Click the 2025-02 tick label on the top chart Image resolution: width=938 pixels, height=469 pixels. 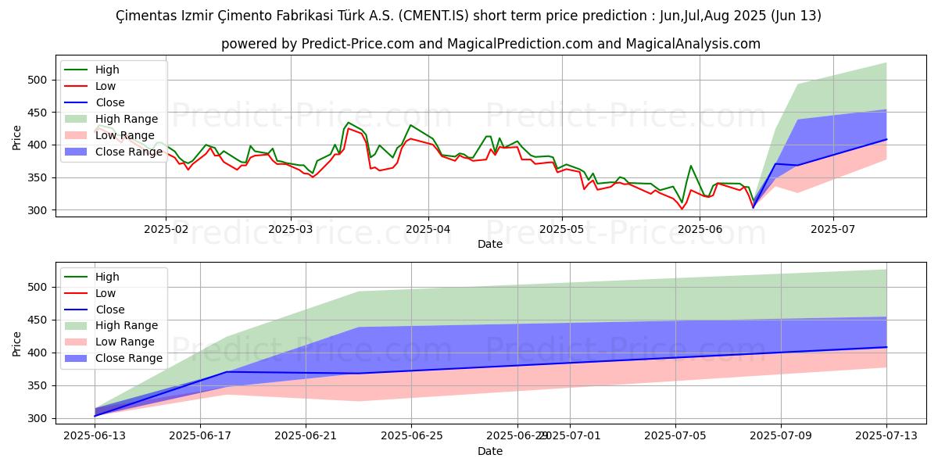tap(166, 231)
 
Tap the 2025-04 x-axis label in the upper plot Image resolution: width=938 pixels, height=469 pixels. tap(428, 231)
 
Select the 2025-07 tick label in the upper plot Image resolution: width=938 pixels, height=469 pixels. tap(832, 231)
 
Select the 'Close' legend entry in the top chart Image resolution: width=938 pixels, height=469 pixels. tap(109, 102)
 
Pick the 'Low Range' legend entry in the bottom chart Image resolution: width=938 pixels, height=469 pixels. tap(124, 342)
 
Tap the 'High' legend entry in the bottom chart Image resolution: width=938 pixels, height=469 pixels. tap(107, 277)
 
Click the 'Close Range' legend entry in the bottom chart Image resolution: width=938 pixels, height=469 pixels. tap(128, 358)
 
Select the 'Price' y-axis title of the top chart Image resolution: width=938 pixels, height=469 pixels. tap(17, 137)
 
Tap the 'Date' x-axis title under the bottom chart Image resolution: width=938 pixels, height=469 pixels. tap(490, 452)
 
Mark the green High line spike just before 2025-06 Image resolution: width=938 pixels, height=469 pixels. tap(690, 166)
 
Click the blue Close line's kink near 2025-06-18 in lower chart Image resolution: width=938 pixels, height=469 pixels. tap(227, 372)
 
